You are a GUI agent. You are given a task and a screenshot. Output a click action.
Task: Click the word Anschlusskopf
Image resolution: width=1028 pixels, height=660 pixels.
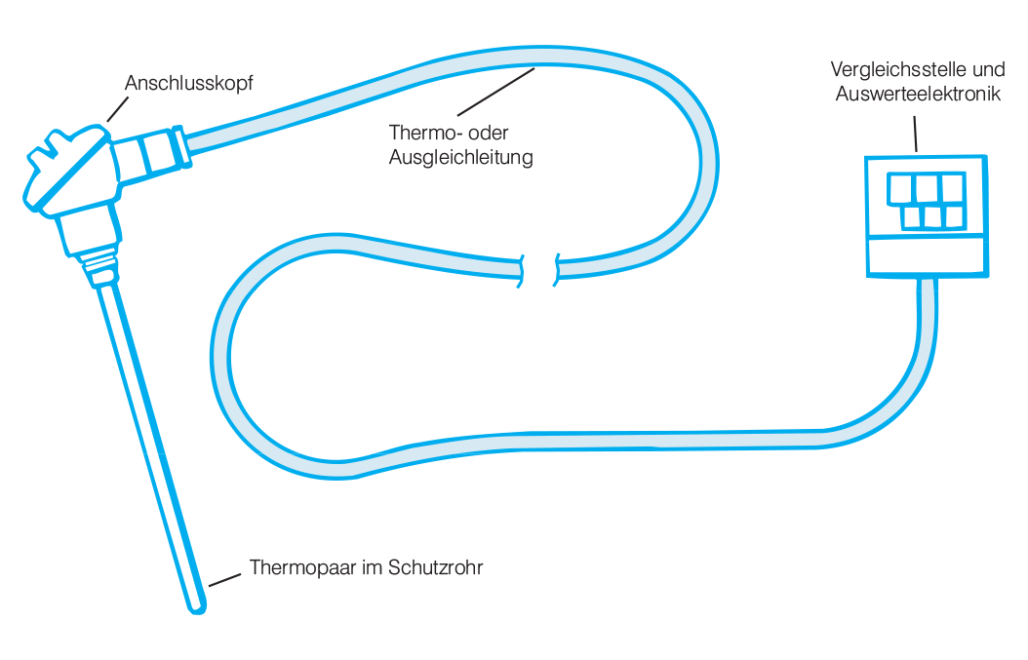[x=189, y=84]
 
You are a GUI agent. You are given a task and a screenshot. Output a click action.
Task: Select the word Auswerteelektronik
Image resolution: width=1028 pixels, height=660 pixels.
[x=918, y=94]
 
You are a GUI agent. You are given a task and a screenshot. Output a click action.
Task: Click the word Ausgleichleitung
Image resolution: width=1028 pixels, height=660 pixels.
[x=461, y=158]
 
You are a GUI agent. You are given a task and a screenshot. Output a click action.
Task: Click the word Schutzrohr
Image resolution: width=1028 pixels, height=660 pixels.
[x=435, y=567]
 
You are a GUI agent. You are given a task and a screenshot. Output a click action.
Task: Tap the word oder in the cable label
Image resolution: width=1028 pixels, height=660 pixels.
[x=488, y=133]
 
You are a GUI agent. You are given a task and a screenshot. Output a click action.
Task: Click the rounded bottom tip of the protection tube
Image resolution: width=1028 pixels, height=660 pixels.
[x=197, y=609]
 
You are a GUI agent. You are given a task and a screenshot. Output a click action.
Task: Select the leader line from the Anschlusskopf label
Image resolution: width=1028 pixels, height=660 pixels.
[x=117, y=109]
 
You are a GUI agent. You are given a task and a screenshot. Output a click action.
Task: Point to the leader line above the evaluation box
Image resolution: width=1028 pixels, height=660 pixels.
[x=915, y=134]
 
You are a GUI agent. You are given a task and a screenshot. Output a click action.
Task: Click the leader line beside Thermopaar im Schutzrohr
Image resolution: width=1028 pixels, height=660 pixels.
[x=225, y=580]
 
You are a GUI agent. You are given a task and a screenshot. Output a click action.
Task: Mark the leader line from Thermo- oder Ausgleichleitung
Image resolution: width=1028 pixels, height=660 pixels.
[x=496, y=92]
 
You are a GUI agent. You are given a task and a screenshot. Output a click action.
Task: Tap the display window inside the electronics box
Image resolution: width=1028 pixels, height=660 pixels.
[x=927, y=201]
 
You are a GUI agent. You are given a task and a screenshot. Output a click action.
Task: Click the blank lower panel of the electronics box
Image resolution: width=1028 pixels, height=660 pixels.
[x=926, y=255]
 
